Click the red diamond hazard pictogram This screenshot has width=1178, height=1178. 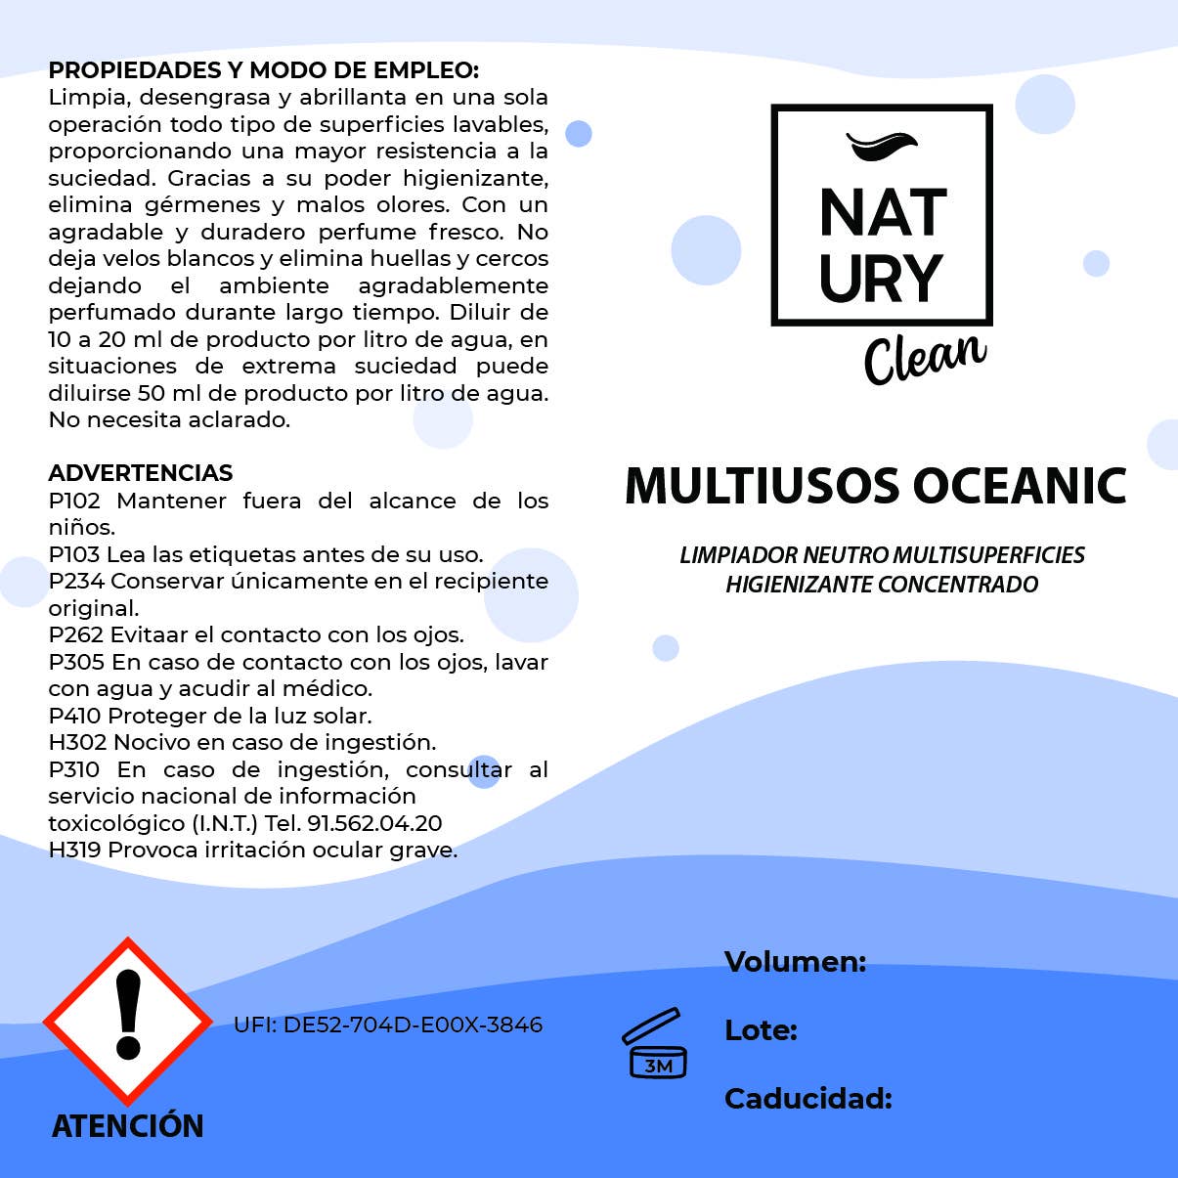(127, 1022)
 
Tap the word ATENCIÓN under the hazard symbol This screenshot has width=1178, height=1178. (127, 1126)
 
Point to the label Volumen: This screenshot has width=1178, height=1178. (795, 962)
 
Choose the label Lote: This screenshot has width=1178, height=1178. (761, 1030)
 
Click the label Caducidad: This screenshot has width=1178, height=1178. (807, 1099)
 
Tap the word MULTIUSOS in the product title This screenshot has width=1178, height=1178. (762, 486)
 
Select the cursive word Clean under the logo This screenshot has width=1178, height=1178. (924, 357)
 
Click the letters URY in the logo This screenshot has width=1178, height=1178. (881, 279)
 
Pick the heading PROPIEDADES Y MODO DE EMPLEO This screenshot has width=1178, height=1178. (263, 70)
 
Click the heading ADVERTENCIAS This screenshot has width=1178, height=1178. (140, 473)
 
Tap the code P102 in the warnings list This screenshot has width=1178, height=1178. (74, 501)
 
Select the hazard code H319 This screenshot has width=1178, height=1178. (74, 851)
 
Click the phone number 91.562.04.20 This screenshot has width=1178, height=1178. (374, 823)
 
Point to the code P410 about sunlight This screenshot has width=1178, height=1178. (74, 716)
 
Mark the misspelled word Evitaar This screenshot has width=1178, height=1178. (146, 635)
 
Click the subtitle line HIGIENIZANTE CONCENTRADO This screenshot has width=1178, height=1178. (882, 585)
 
